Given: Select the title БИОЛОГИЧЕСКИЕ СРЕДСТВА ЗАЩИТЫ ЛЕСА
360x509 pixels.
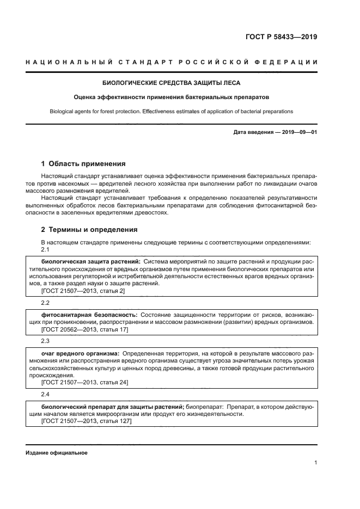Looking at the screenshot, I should (x=172, y=83).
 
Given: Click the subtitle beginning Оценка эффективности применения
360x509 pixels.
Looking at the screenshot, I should (x=172, y=97).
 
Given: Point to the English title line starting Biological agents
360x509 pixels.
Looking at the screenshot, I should (x=172, y=111).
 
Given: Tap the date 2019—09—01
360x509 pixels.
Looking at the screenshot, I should (x=299, y=132).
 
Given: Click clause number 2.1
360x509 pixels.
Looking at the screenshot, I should (x=46, y=250).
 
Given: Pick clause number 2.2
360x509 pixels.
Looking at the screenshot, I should (x=46, y=302).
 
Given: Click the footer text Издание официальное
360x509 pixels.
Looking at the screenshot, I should (x=57, y=453).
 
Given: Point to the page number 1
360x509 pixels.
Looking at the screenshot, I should (x=315, y=463).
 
